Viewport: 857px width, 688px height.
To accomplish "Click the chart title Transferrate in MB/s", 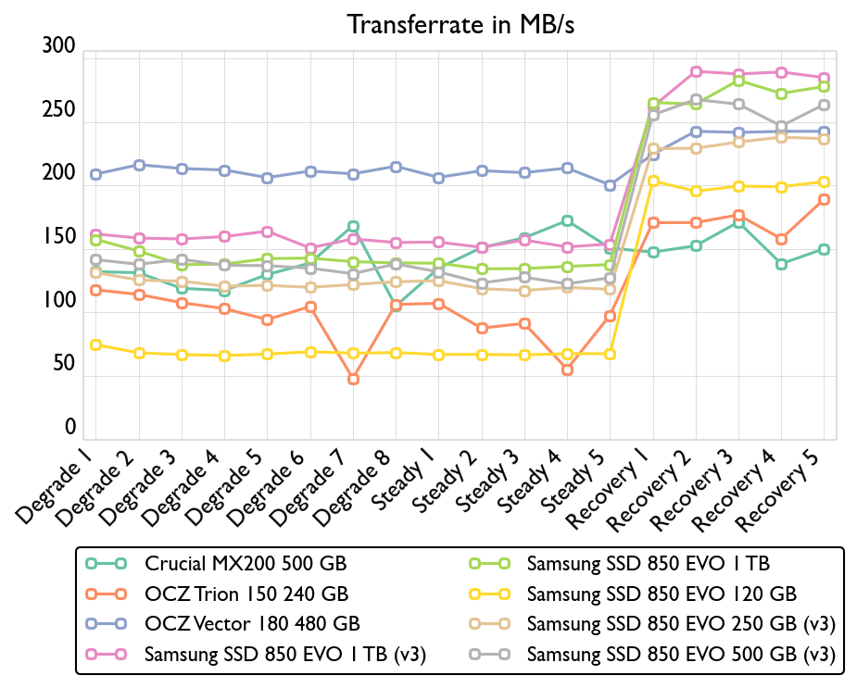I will (x=460, y=25).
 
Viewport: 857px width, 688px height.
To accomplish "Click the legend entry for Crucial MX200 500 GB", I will (x=246, y=563).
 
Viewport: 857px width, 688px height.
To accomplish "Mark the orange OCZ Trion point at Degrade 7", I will (x=353, y=380).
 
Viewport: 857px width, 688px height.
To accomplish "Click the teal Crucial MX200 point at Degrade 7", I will (x=353, y=227).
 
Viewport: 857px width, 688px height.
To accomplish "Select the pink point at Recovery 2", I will (x=696, y=71).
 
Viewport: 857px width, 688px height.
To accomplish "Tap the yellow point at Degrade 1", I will (x=95, y=345).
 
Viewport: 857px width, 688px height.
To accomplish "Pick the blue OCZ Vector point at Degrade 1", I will (x=95, y=174).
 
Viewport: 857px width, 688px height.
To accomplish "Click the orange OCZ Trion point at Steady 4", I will (x=567, y=370).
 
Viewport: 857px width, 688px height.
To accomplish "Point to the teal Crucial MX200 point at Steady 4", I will (x=567, y=221).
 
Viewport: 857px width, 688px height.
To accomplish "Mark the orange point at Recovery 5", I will (x=824, y=200).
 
